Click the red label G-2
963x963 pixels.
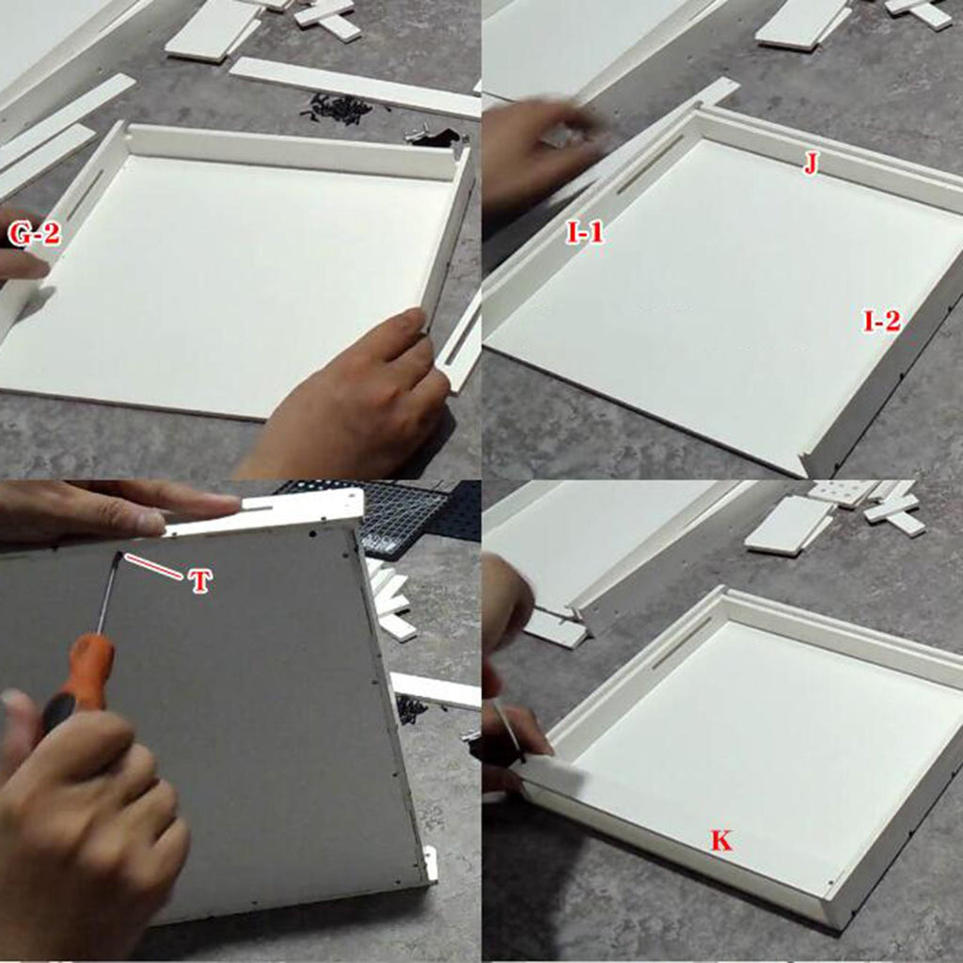[35, 234]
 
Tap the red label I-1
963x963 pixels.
[585, 233]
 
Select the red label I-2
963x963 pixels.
[882, 322]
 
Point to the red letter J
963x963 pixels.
[811, 164]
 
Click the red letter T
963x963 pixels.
[200, 580]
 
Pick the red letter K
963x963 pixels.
[721, 840]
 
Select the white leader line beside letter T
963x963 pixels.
[153, 566]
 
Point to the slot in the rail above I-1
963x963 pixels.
[650, 164]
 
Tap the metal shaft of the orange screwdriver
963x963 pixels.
[108, 593]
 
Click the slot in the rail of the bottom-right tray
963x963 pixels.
[681, 642]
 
